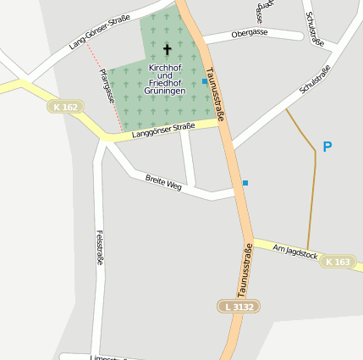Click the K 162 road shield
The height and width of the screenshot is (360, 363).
coord(64,108)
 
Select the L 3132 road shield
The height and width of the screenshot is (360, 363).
coord(238,306)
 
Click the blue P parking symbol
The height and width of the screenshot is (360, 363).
coord(327,147)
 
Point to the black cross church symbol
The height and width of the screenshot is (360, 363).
coord(167,49)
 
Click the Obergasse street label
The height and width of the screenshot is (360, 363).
coord(249,33)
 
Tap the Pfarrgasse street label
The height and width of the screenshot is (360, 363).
coord(107,86)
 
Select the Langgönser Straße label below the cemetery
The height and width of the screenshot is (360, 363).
coord(163,129)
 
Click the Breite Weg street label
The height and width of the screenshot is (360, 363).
coord(163,181)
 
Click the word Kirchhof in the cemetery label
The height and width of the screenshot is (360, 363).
coord(165,66)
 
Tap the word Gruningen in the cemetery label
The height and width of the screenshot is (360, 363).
coord(166,90)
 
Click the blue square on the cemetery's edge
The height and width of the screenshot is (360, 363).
coord(204,82)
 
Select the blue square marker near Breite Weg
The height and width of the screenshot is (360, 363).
coord(245,183)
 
